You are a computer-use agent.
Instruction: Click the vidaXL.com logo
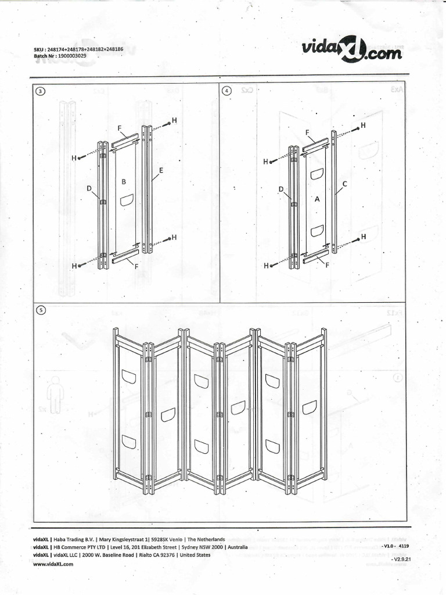click(352, 50)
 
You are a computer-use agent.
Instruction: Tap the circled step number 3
click(40, 91)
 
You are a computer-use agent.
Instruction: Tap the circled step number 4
click(226, 91)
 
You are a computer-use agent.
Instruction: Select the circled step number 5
click(40, 310)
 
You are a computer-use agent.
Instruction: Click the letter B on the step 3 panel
click(124, 181)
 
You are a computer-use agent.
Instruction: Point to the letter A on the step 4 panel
click(317, 198)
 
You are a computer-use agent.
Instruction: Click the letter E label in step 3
click(160, 170)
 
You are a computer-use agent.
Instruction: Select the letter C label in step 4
click(344, 184)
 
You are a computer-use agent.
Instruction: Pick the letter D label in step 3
click(89, 188)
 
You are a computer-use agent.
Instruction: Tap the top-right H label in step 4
click(364, 125)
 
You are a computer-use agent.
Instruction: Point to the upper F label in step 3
click(119, 128)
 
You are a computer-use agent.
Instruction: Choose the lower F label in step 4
click(328, 265)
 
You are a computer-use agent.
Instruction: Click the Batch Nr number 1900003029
click(73, 56)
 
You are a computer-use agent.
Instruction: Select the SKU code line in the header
click(79, 49)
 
